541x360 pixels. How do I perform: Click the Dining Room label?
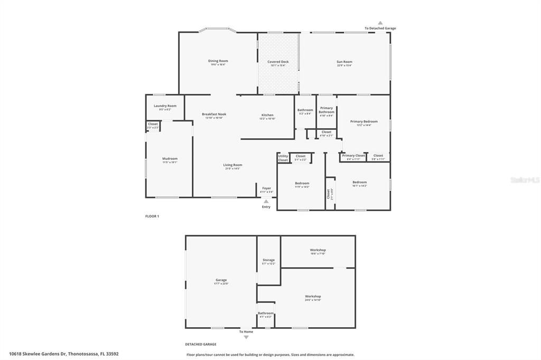[218, 61]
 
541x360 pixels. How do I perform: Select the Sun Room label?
[344, 62]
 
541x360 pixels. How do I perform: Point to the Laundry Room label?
[165, 106]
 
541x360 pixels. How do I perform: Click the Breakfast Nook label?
[214, 115]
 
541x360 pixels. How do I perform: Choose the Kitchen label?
[267, 116]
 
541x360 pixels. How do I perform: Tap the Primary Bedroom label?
[364, 122]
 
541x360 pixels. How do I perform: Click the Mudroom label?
[170, 159]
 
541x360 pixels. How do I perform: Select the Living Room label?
[232, 165]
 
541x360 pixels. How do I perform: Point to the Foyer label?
[266, 188]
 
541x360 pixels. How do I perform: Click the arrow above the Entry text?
[266, 201]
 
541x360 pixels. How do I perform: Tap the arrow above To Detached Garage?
[380, 23]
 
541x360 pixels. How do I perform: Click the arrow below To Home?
[246, 337]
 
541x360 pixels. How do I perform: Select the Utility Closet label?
[283, 158]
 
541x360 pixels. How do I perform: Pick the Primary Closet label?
[353, 156]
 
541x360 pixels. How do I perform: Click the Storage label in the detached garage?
[268, 260]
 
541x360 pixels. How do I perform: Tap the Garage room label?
[221, 280]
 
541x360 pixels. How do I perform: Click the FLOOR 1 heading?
[152, 216]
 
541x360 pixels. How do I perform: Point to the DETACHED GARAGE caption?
[201, 344]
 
